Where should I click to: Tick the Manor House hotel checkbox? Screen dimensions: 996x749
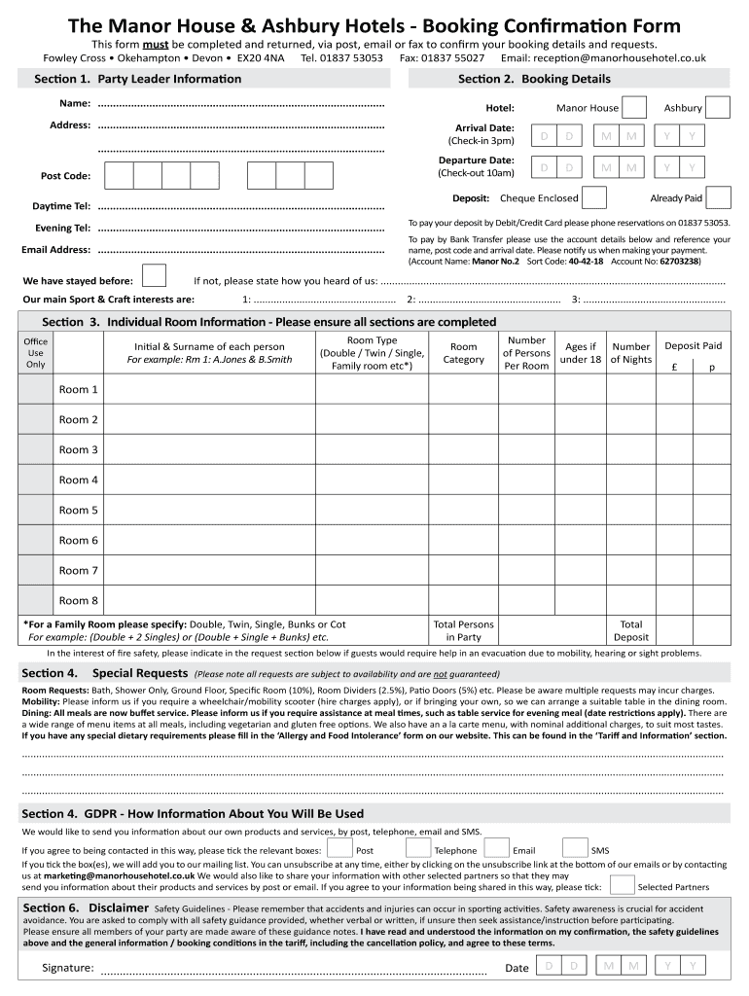click(x=634, y=107)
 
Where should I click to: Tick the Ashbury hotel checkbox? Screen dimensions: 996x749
click(x=718, y=107)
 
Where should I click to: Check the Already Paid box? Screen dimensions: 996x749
click(x=718, y=198)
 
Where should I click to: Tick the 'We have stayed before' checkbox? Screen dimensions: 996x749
click(x=154, y=276)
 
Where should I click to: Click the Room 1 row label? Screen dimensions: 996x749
click(x=79, y=390)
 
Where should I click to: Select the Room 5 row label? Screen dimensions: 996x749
click(x=79, y=511)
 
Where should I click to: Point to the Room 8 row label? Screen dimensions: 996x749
click(x=79, y=601)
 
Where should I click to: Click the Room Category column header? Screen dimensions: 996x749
click(x=464, y=353)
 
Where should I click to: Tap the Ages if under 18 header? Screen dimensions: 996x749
click(x=581, y=353)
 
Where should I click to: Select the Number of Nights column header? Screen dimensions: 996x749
click(x=631, y=353)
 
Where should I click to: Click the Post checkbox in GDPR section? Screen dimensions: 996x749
click(x=339, y=849)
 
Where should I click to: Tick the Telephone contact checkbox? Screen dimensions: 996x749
click(x=418, y=849)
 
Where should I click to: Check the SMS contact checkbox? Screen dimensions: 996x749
click(x=575, y=849)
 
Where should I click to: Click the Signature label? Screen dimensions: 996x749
click(x=68, y=968)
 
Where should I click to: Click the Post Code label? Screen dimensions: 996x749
click(x=65, y=176)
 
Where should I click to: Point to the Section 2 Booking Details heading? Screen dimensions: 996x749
click(x=534, y=79)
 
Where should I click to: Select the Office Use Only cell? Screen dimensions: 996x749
click(x=36, y=353)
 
